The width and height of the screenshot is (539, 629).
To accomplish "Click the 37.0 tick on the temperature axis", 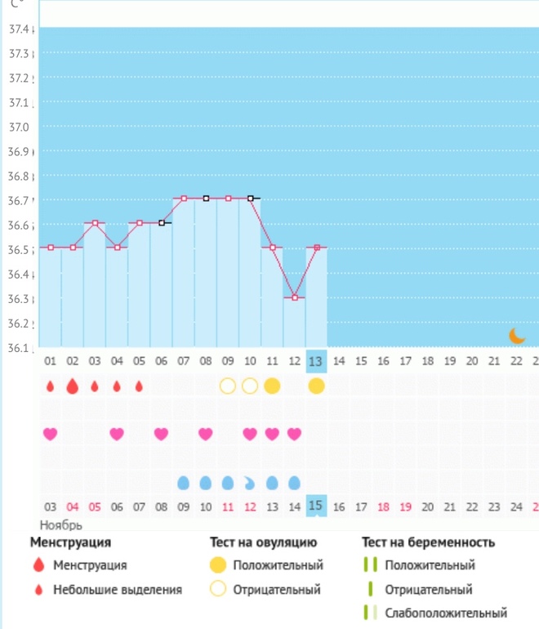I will click(18, 127).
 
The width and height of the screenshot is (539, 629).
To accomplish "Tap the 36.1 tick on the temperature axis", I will click(18, 348).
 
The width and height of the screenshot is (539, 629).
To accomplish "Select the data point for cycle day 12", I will click(295, 297).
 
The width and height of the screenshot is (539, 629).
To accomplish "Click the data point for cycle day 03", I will click(95, 223).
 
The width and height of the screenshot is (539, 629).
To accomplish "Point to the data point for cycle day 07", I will click(184, 199).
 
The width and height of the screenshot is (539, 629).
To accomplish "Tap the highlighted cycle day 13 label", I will click(317, 360).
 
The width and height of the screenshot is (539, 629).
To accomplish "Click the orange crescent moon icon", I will click(516, 335).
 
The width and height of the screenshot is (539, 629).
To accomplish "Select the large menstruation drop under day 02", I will click(73, 386).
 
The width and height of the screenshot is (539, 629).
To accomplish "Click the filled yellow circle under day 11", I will click(273, 386).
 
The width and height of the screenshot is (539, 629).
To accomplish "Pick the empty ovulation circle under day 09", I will click(228, 386).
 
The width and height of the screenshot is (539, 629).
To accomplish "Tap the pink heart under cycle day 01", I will click(51, 434).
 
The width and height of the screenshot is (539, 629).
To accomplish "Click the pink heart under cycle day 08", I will click(206, 434).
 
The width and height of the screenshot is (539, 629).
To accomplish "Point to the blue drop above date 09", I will click(184, 483).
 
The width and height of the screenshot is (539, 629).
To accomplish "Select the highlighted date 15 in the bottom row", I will click(317, 506).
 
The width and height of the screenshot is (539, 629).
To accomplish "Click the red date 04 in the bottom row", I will click(73, 507).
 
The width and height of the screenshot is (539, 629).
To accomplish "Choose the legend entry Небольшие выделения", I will click(118, 589).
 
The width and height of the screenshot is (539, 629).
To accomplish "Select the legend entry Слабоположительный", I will click(444, 613).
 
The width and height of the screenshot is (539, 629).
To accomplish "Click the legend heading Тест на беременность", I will click(429, 542).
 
